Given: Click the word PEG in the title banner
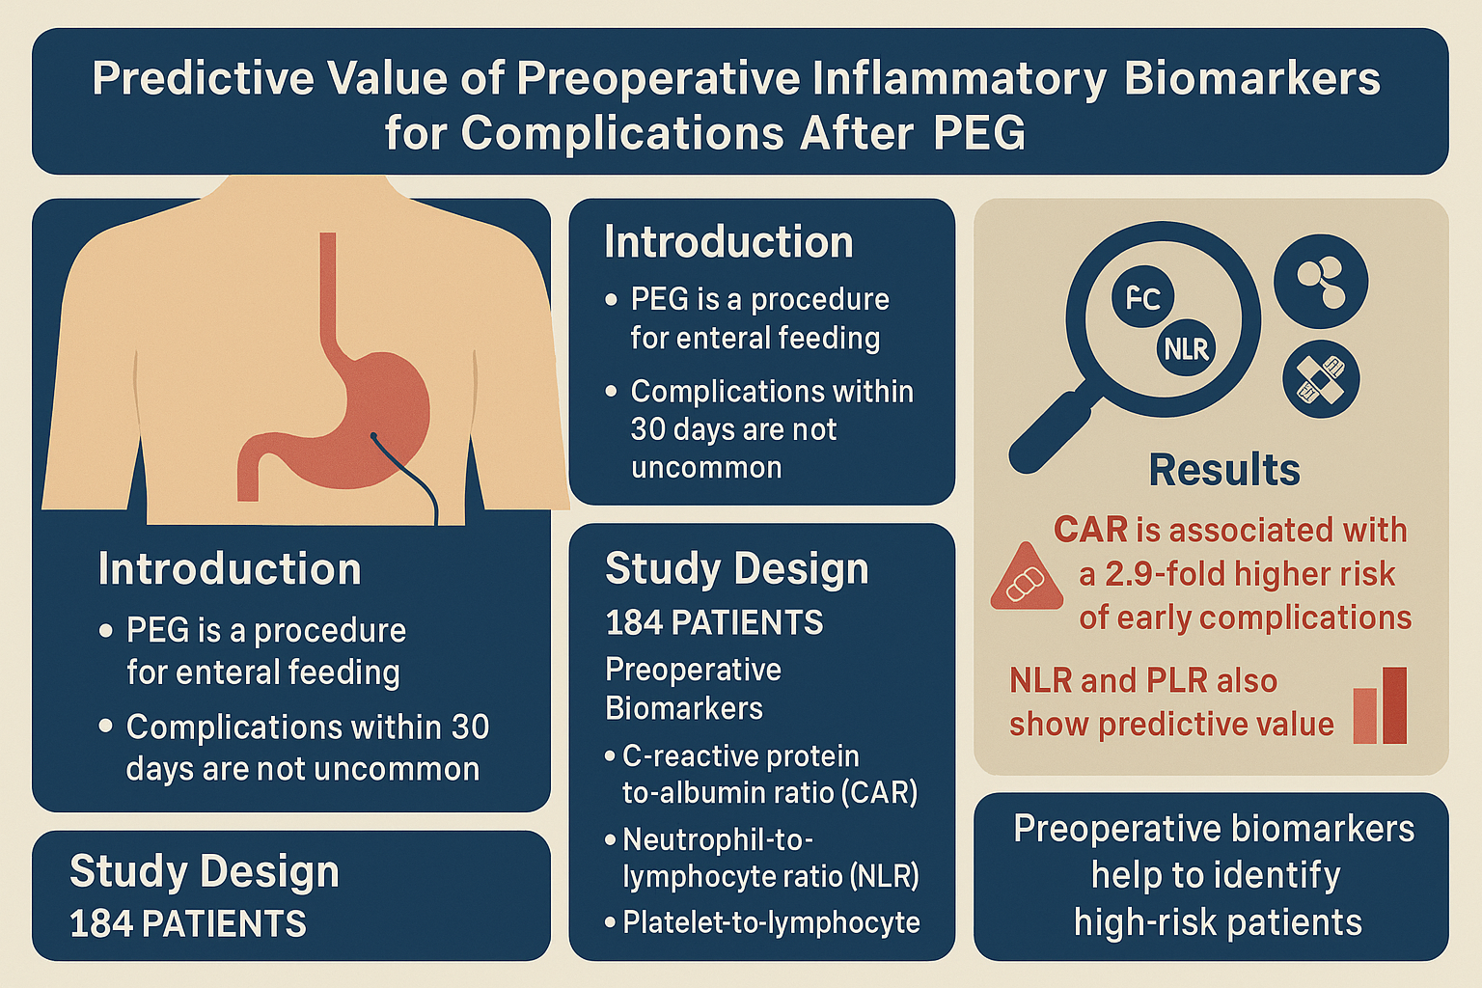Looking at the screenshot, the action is click(x=979, y=133).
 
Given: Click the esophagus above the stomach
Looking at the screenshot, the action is click(x=328, y=298).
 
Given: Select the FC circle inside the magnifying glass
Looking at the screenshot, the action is click(x=1142, y=296).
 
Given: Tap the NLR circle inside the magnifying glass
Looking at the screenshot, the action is click(x=1186, y=348).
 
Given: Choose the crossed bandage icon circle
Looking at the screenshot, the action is click(x=1321, y=379).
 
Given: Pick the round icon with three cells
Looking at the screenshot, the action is click(x=1321, y=281).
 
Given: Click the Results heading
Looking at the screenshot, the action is click(x=1224, y=470).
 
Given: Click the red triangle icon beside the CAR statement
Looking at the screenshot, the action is click(x=1027, y=578).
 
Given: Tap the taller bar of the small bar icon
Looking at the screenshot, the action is click(x=1394, y=705).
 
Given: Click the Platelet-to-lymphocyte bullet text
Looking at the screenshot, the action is click(x=771, y=922).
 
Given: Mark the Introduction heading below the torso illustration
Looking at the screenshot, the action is click(x=230, y=568).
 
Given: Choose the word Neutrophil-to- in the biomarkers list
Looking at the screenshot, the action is click(x=718, y=839).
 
